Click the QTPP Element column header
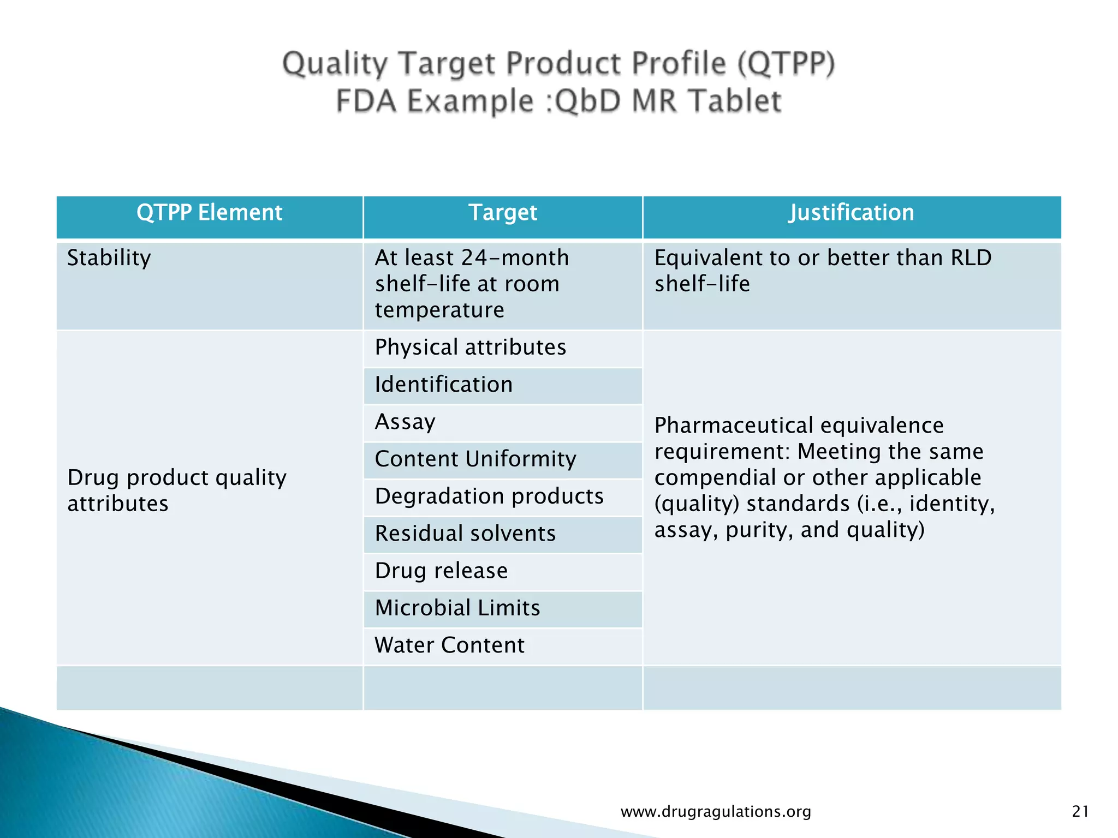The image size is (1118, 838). [x=209, y=213]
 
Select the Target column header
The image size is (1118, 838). [x=503, y=213]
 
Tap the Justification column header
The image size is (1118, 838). [x=851, y=213]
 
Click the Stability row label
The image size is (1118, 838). [x=109, y=258]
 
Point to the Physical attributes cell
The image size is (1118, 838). [x=470, y=348]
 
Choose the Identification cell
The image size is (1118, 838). [x=443, y=385]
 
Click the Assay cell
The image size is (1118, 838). [x=405, y=422]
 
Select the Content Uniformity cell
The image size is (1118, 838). [x=475, y=459]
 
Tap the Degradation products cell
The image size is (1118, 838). [x=489, y=496]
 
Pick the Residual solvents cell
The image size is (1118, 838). [x=465, y=534]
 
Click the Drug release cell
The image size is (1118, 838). [x=441, y=571]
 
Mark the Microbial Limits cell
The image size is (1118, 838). [x=457, y=608]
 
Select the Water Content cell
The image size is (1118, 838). [x=449, y=645]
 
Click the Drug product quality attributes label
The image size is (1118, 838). [x=176, y=490]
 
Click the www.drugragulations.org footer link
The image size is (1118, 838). [x=716, y=812]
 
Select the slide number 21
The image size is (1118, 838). [x=1080, y=812]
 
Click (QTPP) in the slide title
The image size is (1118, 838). [x=786, y=63]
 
